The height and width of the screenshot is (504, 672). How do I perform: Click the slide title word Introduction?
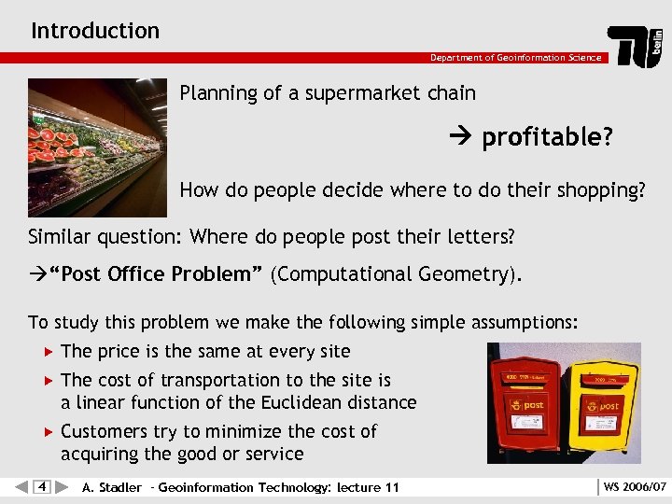[x=95, y=31]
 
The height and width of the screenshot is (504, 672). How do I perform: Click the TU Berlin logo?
[x=637, y=46]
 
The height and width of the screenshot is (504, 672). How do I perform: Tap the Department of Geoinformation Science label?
[x=515, y=58]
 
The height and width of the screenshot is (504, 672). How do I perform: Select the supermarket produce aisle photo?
[x=98, y=147]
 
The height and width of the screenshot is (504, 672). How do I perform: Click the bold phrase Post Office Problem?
[x=157, y=274]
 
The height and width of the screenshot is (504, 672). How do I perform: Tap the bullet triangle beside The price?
[x=49, y=352]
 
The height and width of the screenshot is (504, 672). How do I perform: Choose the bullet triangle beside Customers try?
[x=49, y=431]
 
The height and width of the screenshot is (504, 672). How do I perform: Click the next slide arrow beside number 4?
[x=62, y=487]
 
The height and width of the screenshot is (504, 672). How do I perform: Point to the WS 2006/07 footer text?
[x=635, y=487]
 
